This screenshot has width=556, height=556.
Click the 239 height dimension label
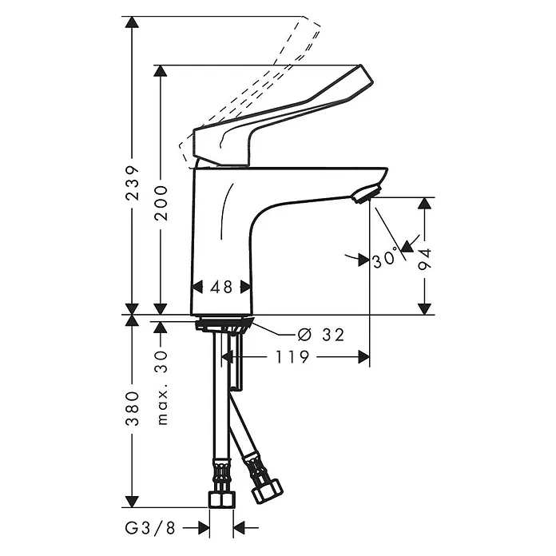[133, 183]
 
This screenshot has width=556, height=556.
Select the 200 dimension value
[161, 203]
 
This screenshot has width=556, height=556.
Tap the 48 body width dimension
[221, 287]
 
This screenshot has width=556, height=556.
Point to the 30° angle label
[385, 259]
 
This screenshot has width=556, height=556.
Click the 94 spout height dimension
[424, 260]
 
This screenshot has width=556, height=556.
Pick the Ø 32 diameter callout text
[321, 335]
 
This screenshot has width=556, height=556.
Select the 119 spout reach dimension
[293, 357]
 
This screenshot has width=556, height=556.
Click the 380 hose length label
[133, 408]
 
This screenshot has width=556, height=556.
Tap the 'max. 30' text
[161, 387]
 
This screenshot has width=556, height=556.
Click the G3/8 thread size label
[150, 528]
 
